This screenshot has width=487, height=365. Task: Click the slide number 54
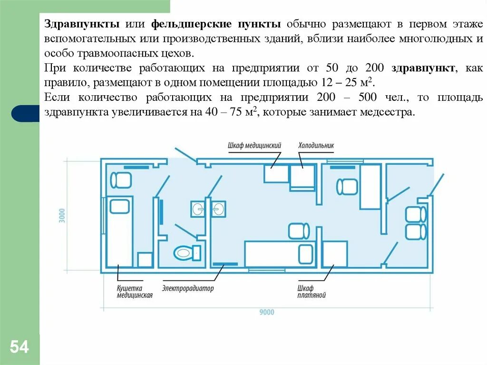pyautogui.click(x=19, y=347)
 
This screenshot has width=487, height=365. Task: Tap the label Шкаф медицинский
pyautogui.click(x=254, y=146)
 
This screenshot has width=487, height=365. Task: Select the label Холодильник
pyautogui.click(x=316, y=146)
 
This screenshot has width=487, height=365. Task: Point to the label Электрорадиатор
pyautogui.click(x=188, y=288)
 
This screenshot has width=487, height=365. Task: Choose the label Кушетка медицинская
pyautogui.click(x=135, y=292)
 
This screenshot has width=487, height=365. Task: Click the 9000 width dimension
pyautogui.click(x=267, y=313)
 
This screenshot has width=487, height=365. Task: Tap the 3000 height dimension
pyautogui.click(x=62, y=216)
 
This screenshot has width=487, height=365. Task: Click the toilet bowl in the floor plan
pyautogui.click(x=185, y=252)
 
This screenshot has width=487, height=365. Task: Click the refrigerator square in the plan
pyautogui.click(x=302, y=177)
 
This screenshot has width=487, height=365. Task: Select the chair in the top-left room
pyautogui.click(x=120, y=180)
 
